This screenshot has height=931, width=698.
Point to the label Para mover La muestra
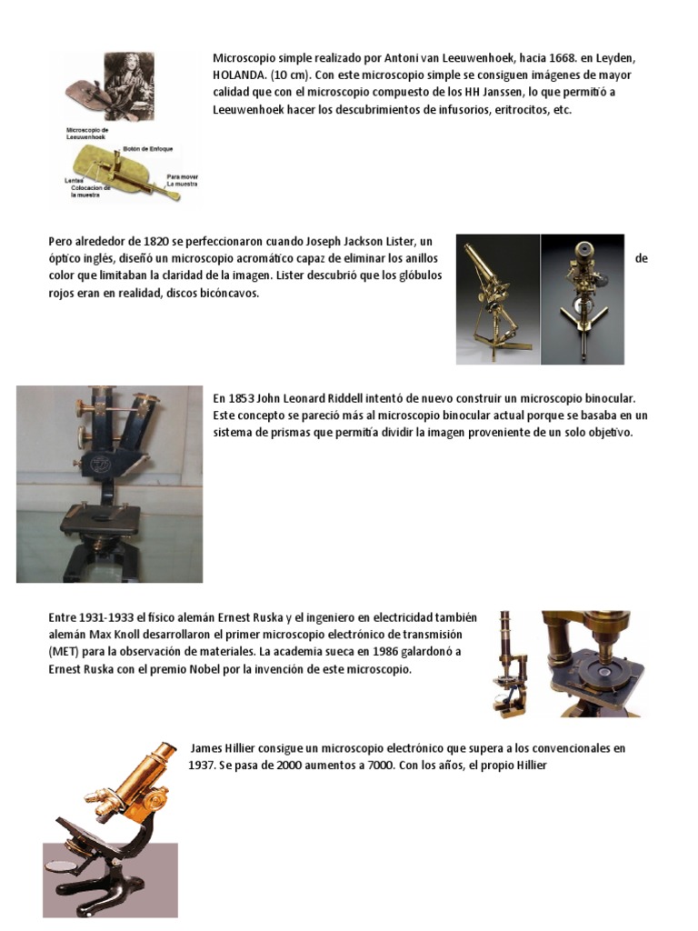pos(182,180)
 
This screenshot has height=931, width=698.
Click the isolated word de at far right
pos(641,258)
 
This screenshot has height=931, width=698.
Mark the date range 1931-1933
pos(104,617)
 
